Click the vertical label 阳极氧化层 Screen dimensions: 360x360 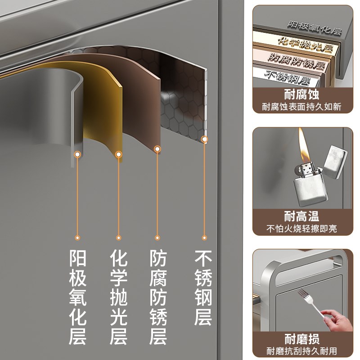77,297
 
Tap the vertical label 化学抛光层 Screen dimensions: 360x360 118,297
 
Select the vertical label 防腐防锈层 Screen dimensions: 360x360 158,297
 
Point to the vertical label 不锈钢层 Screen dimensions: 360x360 203,288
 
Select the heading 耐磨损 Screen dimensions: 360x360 301,339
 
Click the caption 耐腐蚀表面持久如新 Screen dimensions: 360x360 301,108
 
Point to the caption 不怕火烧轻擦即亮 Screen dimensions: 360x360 301,229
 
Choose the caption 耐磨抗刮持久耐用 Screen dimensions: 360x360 301,351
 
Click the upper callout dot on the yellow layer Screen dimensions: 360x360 119,154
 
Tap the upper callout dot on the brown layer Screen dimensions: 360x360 157,148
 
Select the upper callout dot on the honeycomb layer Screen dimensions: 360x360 204,139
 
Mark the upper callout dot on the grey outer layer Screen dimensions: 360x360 78,154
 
